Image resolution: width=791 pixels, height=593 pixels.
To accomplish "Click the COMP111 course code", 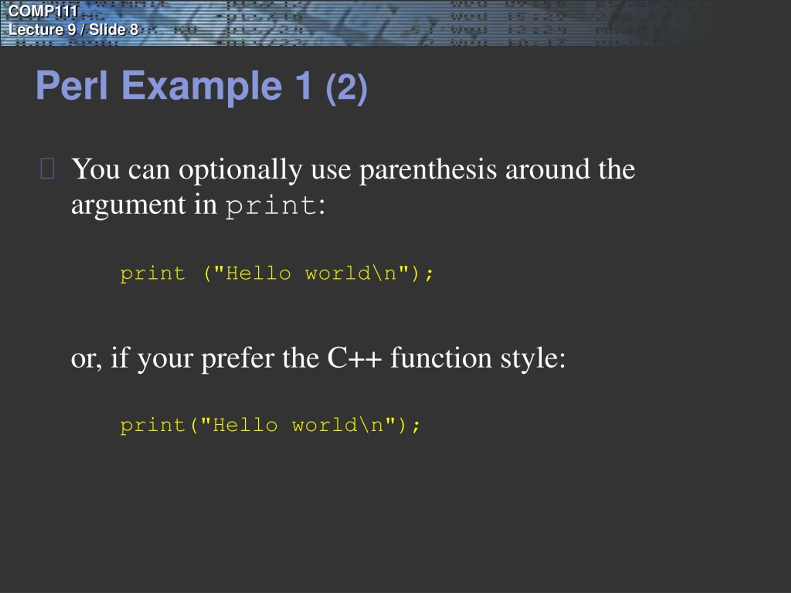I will (x=42, y=11).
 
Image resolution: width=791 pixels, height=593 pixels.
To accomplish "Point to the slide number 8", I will (x=134, y=30).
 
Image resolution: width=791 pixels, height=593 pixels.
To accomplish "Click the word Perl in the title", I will (x=71, y=86).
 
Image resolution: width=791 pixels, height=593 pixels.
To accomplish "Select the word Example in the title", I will (x=202, y=86).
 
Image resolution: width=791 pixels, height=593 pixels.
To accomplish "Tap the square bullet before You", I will (x=48, y=169).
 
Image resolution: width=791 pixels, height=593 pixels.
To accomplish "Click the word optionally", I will (x=240, y=170).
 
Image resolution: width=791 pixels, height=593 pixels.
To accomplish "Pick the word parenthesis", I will (x=428, y=170).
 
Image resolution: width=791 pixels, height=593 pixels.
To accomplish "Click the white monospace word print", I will (x=271, y=206).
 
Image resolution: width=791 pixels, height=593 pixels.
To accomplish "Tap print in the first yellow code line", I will (x=153, y=274).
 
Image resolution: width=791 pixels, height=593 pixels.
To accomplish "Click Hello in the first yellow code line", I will (x=258, y=274).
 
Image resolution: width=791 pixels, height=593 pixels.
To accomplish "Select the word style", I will (x=532, y=359).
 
